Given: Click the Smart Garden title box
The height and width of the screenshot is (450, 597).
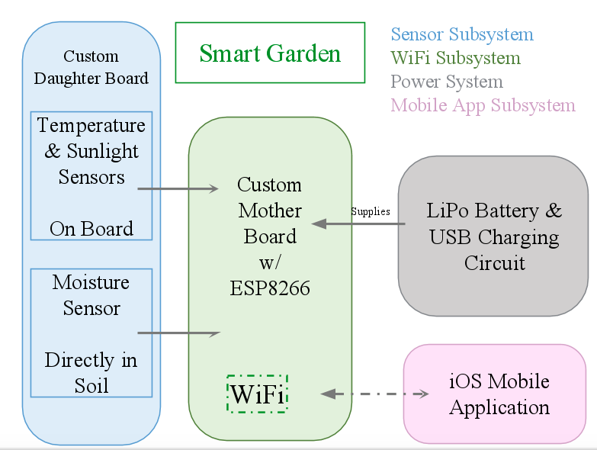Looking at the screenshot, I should (x=270, y=53).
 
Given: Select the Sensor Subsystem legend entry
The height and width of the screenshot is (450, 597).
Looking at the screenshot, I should (x=462, y=34).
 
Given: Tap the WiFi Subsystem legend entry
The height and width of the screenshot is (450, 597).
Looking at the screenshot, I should (x=455, y=58).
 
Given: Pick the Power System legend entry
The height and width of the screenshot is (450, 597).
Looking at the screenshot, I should (x=447, y=82).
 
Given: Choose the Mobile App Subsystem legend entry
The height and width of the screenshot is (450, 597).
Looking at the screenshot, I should (x=483, y=105).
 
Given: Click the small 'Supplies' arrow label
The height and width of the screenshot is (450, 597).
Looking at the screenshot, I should (x=371, y=211).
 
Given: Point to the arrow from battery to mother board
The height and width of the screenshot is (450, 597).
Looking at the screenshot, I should (x=358, y=223).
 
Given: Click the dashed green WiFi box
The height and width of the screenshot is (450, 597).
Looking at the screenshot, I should (x=258, y=394).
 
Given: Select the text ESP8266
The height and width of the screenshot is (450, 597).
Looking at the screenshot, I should (x=270, y=288).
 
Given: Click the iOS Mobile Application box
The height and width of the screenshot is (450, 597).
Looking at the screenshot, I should (x=499, y=394).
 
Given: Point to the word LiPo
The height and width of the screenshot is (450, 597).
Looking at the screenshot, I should (x=448, y=211).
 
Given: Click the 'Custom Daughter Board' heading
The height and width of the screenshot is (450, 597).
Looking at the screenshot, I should (x=91, y=67).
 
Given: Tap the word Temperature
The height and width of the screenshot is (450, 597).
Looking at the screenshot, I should (x=91, y=125).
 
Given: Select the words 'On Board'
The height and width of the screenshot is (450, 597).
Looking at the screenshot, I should (x=91, y=229).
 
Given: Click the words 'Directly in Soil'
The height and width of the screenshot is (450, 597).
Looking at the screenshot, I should (x=91, y=373).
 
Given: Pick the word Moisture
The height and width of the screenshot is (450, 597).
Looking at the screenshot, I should (x=91, y=282).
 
